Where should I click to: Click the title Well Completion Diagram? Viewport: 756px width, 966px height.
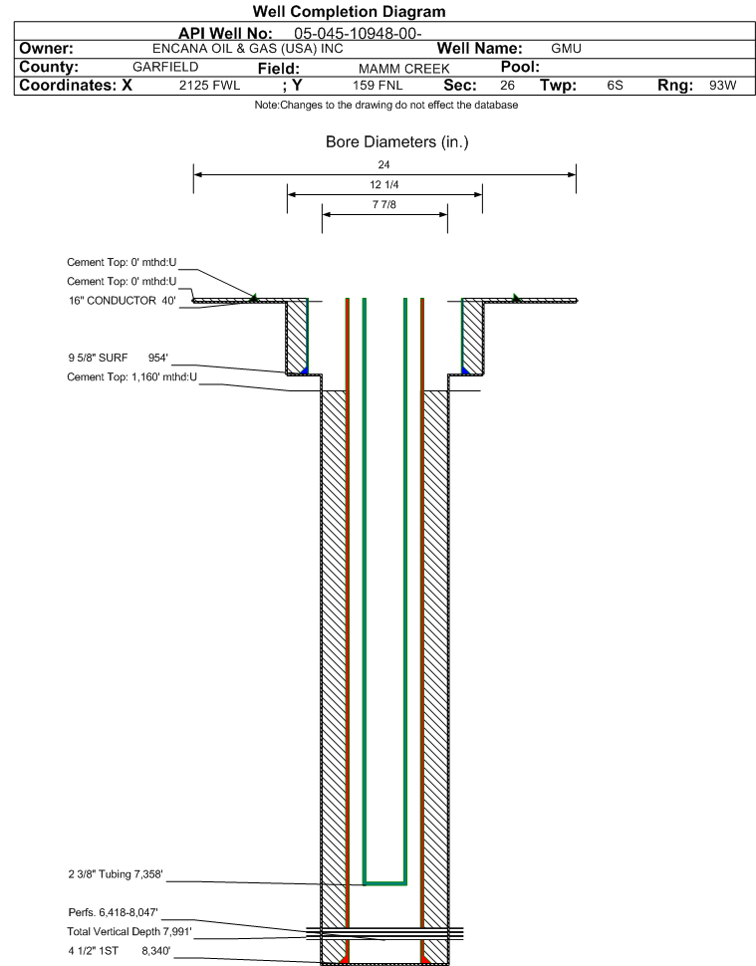349,12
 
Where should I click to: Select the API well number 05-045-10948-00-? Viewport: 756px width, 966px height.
359,33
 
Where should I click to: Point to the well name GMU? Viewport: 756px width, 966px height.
566,49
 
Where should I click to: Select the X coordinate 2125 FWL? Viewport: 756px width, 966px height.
209,86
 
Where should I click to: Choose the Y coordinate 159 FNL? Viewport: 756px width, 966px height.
378,86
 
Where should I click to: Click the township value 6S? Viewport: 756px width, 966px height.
615,86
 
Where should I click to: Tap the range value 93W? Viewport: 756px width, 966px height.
722,86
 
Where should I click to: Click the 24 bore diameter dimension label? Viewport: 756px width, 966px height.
384,164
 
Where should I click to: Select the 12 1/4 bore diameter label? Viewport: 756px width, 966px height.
384,185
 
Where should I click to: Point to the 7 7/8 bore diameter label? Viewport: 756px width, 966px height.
384,206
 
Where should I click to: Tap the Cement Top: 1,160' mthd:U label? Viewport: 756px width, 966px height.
131,377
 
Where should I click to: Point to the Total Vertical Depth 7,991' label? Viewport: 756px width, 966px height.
129,931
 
